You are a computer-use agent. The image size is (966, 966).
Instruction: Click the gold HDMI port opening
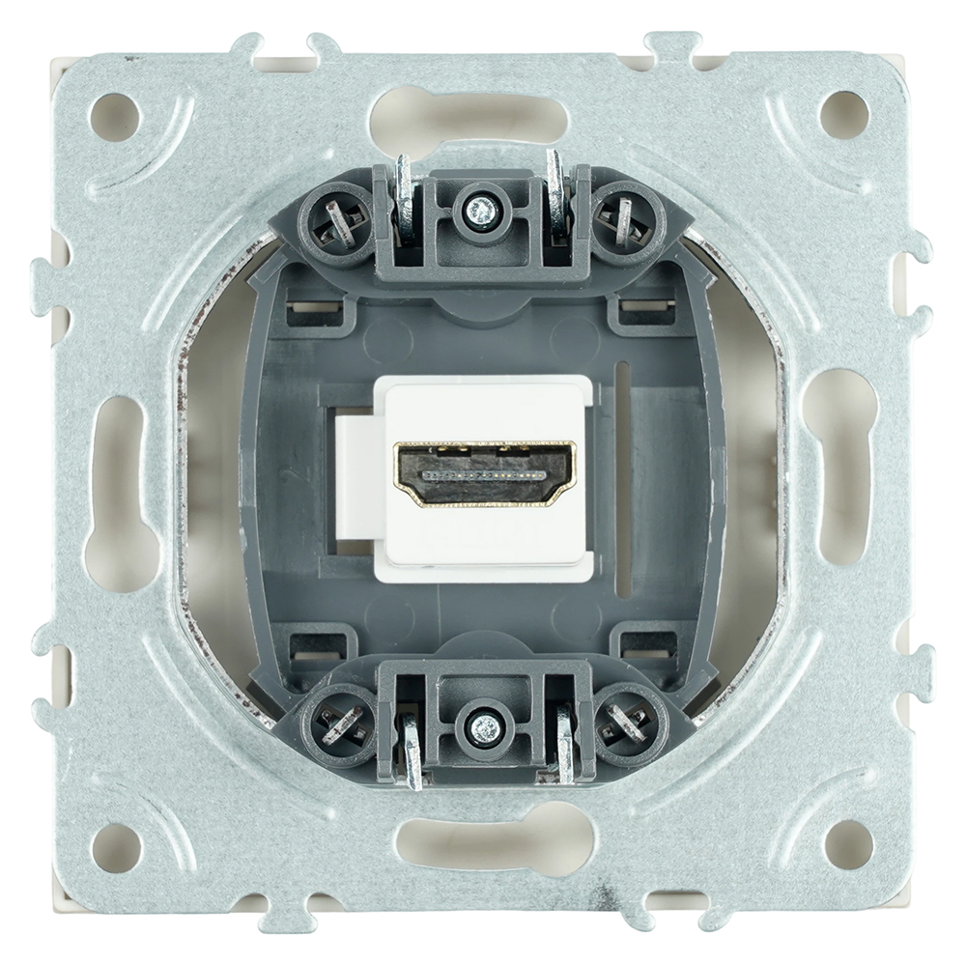[484, 474]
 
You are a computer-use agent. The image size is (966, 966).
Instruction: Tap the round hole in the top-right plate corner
[844, 115]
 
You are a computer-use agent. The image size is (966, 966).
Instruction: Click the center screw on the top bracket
[477, 208]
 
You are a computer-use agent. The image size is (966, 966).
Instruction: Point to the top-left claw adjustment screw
[338, 224]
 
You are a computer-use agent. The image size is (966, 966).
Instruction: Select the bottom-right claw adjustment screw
[629, 722]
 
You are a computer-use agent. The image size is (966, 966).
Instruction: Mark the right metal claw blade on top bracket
[556, 198]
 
